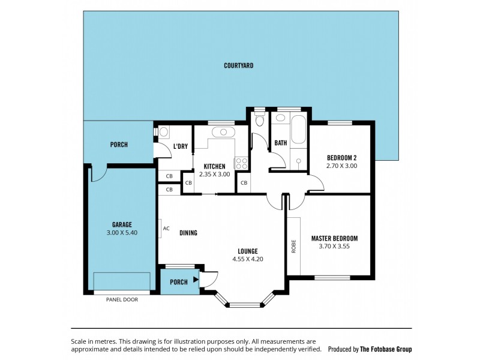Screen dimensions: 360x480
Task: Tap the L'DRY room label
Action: (x=181, y=146)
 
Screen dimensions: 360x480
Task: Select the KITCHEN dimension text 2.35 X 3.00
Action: (x=215, y=174)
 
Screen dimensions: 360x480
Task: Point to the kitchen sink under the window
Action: (x=221, y=131)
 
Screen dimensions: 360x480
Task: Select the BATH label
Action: (x=280, y=143)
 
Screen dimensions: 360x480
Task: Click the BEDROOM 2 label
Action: (x=341, y=158)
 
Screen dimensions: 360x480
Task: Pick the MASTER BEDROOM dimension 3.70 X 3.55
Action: (x=334, y=246)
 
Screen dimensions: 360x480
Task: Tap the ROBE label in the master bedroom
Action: (x=293, y=246)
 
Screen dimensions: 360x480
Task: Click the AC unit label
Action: (x=166, y=228)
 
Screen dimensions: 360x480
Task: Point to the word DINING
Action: (x=188, y=233)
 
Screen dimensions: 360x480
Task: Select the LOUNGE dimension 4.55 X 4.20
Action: (x=248, y=259)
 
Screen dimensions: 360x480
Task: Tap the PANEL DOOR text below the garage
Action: (x=122, y=299)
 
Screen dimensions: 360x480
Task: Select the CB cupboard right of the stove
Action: (x=244, y=182)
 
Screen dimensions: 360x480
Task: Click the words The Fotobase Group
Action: (x=386, y=349)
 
